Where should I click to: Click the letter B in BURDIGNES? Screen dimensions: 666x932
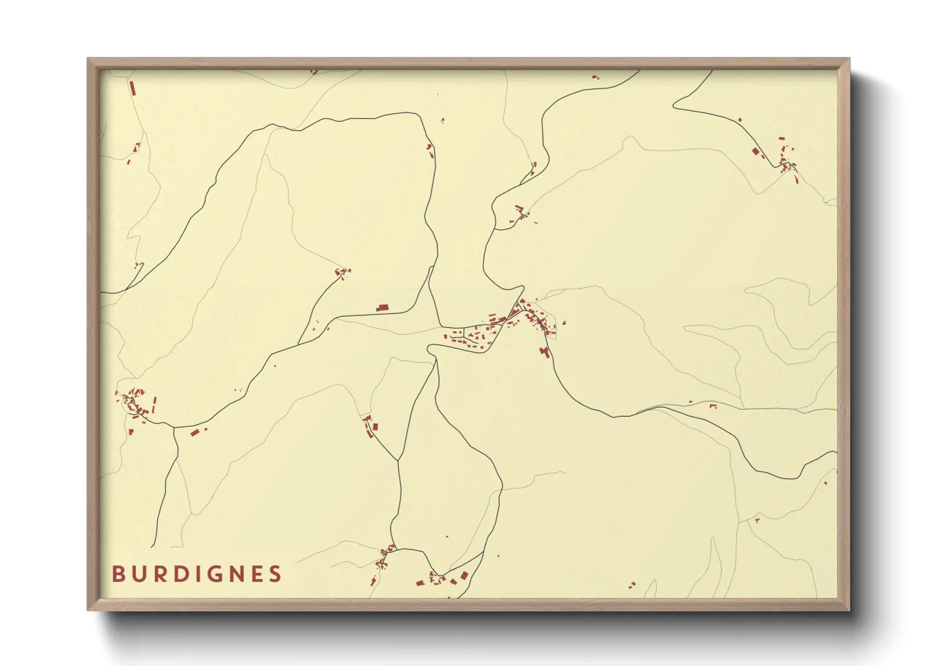click(x=118, y=574)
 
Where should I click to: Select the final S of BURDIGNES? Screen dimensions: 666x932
click(x=275, y=574)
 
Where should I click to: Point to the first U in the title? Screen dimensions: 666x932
click(x=137, y=574)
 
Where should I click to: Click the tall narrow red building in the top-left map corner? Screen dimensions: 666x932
click(x=132, y=87)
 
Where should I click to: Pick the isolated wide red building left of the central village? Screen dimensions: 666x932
click(x=382, y=308)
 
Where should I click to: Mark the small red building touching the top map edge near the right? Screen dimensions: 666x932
click(x=595, y=77)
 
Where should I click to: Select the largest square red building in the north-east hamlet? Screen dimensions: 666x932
click(x=756, y=151)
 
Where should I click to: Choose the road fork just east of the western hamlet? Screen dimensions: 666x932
click(x=174, y=428)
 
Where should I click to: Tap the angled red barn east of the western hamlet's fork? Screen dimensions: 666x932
click(x=195, y=432)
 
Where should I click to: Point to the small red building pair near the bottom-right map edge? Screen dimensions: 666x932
click(x=632, y=586)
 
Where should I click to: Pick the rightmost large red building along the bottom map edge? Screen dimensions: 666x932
click(x=464, y=575)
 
